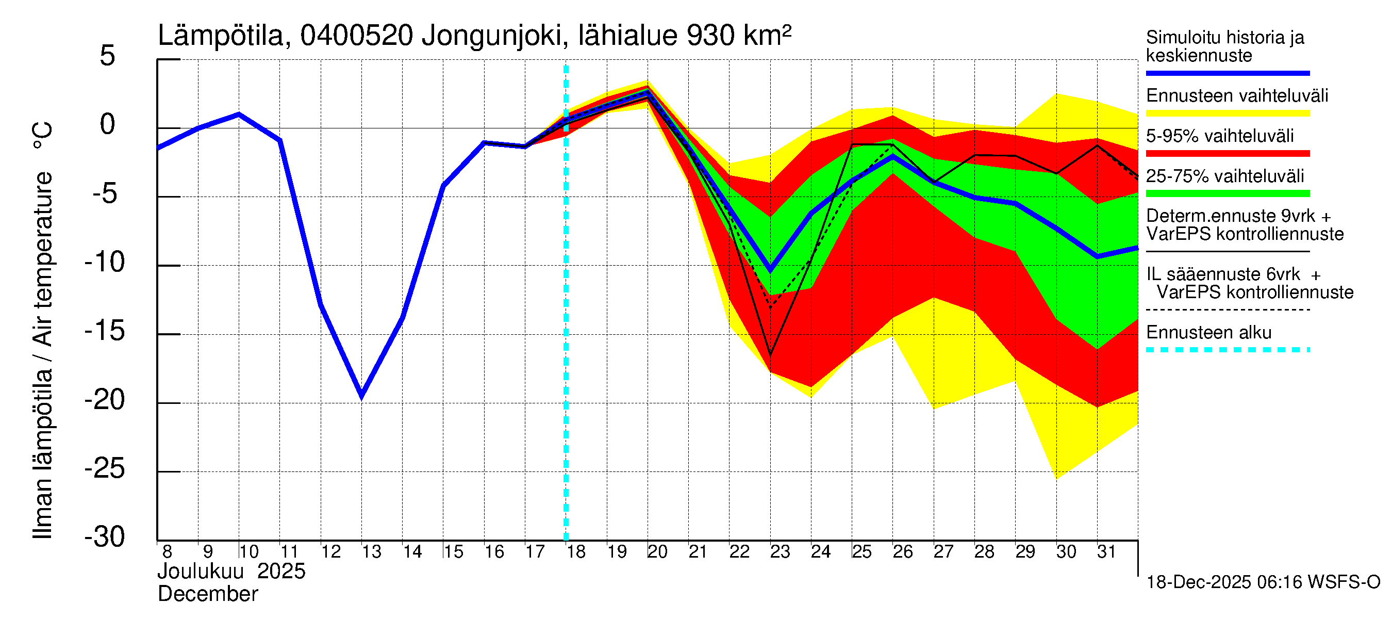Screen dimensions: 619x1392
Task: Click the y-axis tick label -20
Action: [105, 401]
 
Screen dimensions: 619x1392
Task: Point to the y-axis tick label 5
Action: [108, 56]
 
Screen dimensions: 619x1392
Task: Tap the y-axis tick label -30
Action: [105, 538]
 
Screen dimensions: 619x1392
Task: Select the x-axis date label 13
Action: [371, 552]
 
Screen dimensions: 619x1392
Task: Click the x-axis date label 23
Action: [780, 552]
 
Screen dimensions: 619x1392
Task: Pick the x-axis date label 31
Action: [1106, 552]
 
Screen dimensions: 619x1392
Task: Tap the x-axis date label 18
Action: [576, 552]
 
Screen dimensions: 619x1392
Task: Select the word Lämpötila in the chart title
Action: [221, 36]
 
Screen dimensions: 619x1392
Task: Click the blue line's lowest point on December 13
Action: [361, 396]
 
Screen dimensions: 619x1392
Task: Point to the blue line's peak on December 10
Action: [239, 114]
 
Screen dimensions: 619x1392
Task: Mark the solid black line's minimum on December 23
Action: [771, 355]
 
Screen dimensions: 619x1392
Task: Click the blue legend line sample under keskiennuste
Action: [1228, 73]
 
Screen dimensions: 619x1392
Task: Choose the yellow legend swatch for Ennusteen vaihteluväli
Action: [1228, 113]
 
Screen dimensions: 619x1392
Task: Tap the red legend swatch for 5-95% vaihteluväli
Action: [1228, 154]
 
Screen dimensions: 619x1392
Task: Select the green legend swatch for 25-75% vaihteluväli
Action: [1228, 193]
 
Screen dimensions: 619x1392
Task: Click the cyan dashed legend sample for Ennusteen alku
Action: [1228, 350]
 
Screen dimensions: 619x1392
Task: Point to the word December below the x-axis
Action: [208, 594]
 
